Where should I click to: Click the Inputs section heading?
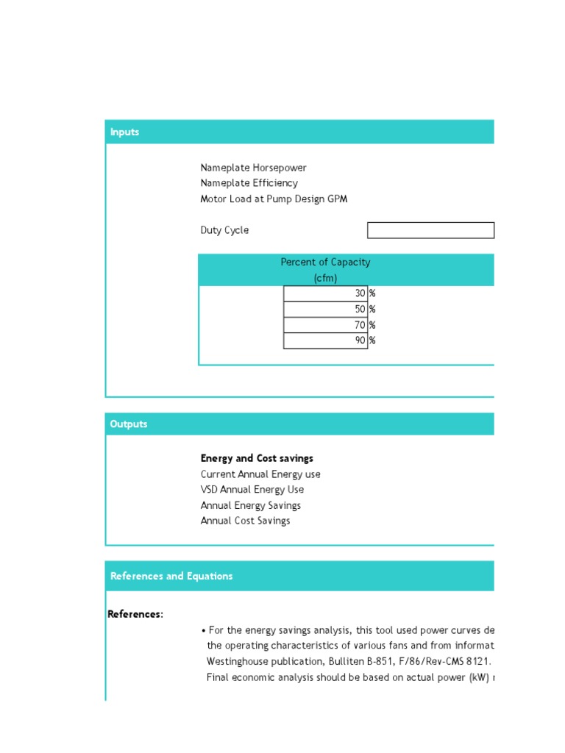[x=124, y=132]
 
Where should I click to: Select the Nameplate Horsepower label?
[x=253, y=168]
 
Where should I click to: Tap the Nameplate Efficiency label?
[x=249, y=183]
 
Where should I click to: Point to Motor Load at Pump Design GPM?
[x=274, y=199]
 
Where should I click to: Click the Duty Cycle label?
[x=224, y=230]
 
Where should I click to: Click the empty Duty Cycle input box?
[x=430, y=230]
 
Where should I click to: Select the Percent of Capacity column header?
[x=325, y=263]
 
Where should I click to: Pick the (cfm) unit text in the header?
[x=325, y=278]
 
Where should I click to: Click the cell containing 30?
[x=325, y=293]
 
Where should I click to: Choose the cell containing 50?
[x=325, y=310]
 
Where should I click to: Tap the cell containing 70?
[x=325, y=325]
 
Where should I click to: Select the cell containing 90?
[x=325, y=340]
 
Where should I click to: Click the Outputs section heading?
[x=129, y=424]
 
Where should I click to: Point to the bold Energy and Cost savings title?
[x=257, y=458]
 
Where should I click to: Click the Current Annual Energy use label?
[x=260, y=474]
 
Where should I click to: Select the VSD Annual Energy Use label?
[x=252, y=490]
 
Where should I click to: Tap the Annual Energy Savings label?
[x=250, y=505]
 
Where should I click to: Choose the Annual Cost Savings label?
[x=245, y=521]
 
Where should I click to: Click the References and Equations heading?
[x=171, y=577]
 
